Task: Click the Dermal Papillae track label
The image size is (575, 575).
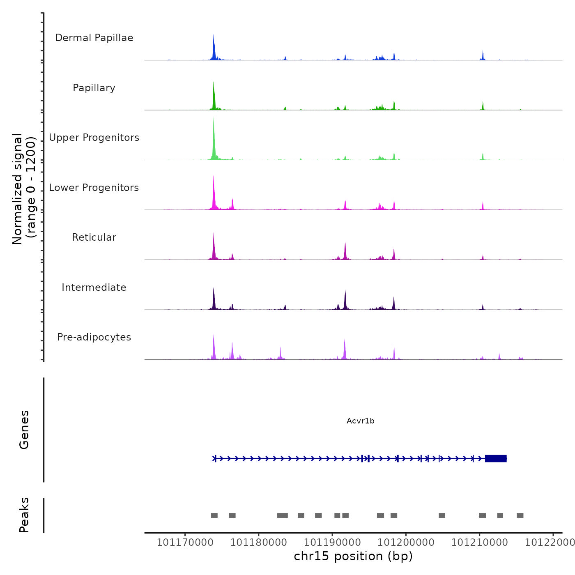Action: click(94, 38)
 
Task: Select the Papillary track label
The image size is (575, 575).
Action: click(94, 88)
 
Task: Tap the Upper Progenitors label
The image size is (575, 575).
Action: click(94, 138)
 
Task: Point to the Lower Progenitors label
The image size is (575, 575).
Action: click(94, 188)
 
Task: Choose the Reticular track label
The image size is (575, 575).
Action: click(94, 237)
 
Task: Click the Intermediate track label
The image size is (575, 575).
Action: click(94, 287)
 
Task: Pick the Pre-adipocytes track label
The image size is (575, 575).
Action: click(94, 337)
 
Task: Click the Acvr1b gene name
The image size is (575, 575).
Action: click(360, 421)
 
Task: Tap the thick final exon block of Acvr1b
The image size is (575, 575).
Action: click(496, 458)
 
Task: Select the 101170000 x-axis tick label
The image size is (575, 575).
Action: click(185, 543)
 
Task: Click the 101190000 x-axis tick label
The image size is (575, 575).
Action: click(332, 543)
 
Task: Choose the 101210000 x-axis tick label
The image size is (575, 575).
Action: click(479, 543)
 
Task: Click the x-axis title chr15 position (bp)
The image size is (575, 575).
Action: click(353, 556)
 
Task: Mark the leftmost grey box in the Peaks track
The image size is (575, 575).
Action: click(214, 515)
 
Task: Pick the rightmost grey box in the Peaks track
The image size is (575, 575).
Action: click(520, 515)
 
